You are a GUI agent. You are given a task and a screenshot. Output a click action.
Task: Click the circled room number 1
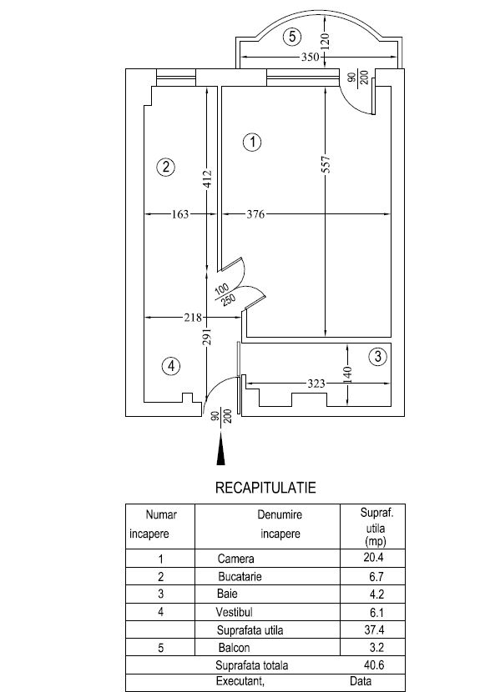252,142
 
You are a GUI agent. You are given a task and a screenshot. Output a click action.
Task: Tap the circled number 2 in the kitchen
165,167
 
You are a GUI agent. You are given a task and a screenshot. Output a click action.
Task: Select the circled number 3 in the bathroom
377,356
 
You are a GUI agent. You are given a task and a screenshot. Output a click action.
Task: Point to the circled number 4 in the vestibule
171,366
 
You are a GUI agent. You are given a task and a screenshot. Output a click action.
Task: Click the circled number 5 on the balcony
292,36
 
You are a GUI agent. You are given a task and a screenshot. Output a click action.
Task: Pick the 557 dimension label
326,164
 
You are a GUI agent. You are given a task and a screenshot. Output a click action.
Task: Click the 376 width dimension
255,214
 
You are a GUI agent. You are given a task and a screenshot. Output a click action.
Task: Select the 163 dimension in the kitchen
180,214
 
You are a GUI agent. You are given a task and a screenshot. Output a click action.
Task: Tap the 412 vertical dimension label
208,178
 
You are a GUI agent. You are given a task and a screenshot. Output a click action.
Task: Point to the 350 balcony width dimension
310,57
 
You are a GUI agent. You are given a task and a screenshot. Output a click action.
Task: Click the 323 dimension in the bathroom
316,384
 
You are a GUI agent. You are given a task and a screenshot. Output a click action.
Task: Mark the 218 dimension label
193,318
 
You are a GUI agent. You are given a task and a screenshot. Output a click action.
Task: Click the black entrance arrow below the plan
220,449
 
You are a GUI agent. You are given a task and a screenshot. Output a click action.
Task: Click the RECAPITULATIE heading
265,488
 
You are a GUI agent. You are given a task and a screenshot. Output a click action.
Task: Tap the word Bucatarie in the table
240,577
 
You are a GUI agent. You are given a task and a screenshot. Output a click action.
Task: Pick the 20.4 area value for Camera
373,558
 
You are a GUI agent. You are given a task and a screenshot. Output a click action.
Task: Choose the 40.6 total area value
374,664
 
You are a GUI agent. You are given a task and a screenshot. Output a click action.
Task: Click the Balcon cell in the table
234,648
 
